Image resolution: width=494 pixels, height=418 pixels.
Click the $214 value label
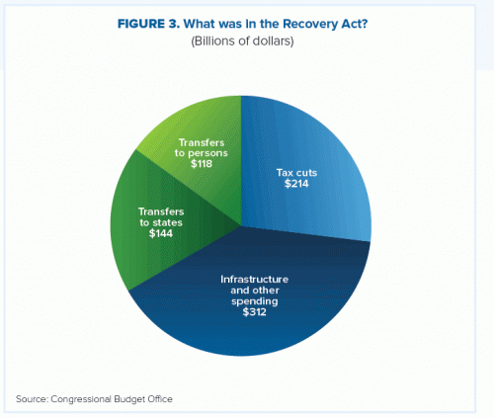(296, 184)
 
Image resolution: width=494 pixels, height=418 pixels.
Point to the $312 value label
(254, 312)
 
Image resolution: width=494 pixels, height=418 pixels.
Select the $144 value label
(161, 233)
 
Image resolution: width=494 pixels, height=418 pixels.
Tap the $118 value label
(202, 164)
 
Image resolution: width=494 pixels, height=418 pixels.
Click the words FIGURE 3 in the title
(148, 24)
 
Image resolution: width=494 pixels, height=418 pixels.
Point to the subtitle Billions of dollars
(242, 42)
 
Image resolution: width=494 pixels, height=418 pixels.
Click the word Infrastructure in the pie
(255, 280)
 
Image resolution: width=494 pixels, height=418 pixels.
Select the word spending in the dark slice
(254, 301)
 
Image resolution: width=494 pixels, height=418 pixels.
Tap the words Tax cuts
(296, 173)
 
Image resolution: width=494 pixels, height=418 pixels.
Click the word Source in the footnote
(33, 399)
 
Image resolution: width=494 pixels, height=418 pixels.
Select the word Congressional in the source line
(81, 399)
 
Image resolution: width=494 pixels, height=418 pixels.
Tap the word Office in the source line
(160, 399)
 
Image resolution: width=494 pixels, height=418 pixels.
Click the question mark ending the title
(364, 24)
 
